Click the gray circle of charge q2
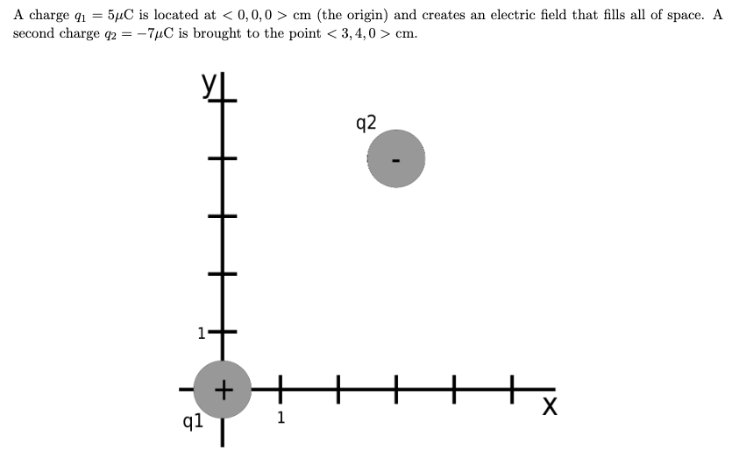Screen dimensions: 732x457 tap(395, 158)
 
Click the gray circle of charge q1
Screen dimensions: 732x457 tap(223, 387)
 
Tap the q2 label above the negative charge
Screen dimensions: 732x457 tap(367, 122)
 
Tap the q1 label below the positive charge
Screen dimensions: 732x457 tap(193, 421)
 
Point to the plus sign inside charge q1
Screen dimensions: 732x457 tap(224, 387)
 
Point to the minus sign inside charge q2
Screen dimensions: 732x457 tap(395, 160)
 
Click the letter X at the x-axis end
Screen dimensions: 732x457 tap(550, 407)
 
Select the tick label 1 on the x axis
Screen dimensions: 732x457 tap(280, 418)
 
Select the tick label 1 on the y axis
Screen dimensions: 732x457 tap(201, 333)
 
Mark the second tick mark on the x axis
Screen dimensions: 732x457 tap(338, 387)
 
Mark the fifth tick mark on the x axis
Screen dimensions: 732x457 tap(511, 387)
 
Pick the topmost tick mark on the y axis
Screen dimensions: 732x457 tap(222, 102)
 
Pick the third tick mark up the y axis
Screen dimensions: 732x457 tap(222, 216)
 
